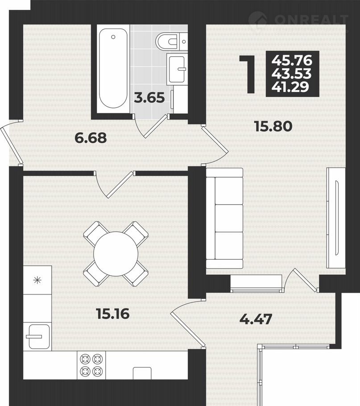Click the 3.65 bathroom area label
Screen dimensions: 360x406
point(149,98)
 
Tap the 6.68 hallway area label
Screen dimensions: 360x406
point(91,138)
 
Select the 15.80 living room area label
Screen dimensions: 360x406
point(273,126)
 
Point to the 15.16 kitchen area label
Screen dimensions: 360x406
point(113,314)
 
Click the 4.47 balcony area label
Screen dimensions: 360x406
point(256,319)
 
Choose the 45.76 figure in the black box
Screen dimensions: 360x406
point(292,61)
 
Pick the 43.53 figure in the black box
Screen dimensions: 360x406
point(291,74)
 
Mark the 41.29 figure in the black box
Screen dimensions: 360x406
point(290,87)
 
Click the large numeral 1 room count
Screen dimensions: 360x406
point(250,74)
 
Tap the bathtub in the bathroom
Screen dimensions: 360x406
point(113,69)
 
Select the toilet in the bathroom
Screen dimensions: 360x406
point(170,41)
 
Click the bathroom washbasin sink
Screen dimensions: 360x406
point(177,69)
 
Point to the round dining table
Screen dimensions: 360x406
point(116,254)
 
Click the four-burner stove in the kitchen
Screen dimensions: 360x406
point(91,365)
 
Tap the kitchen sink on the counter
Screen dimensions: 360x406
point(38,336)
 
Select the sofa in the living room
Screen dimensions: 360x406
point(224,219)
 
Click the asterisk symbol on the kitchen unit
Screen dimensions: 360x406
point(37,280)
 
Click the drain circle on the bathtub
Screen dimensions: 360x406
point(113,37)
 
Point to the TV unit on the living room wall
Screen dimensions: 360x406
point(335,218)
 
